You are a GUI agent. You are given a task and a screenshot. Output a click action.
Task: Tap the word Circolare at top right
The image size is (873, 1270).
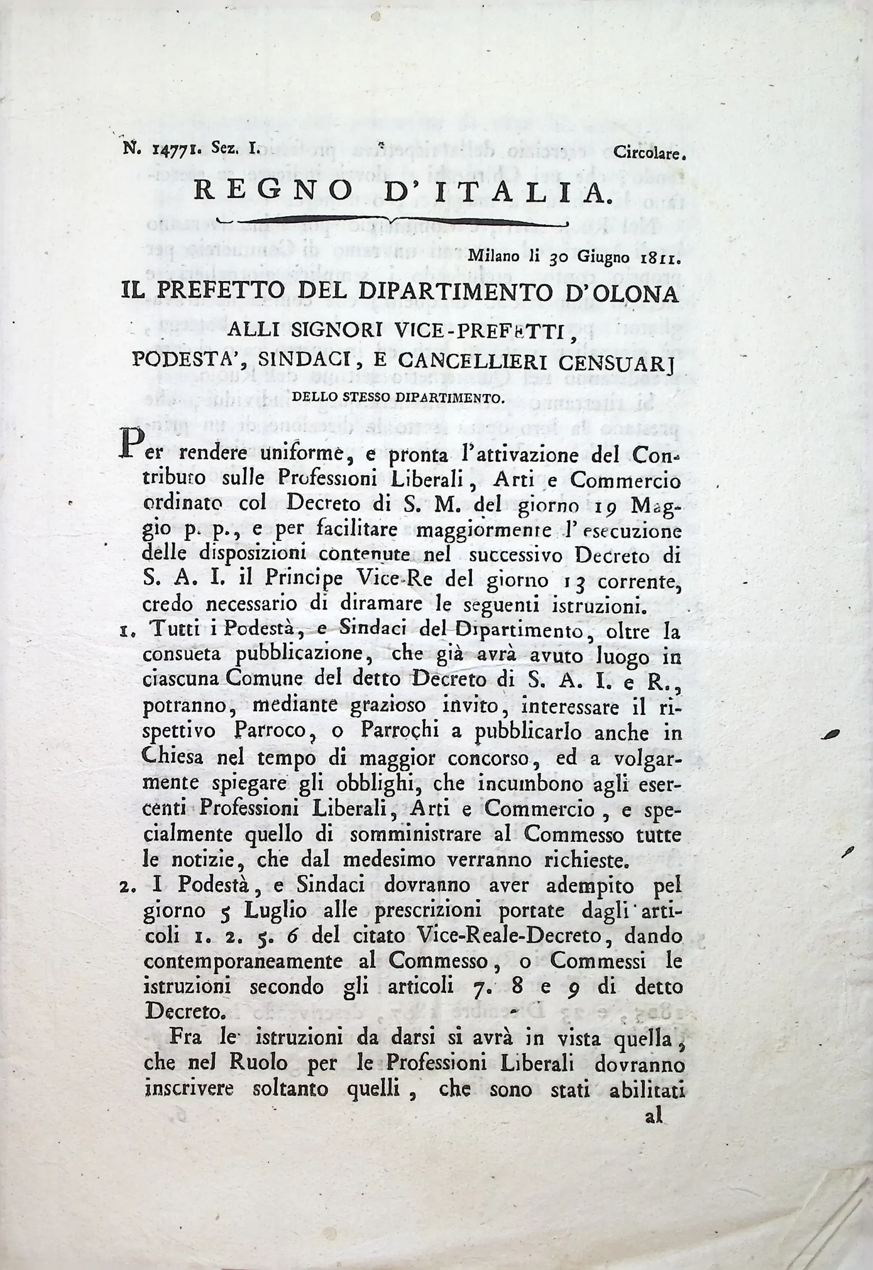pyautogui.click(x=649, y=154)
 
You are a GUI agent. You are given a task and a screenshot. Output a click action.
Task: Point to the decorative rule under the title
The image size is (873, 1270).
pyautogui.click(x=392, y=221)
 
